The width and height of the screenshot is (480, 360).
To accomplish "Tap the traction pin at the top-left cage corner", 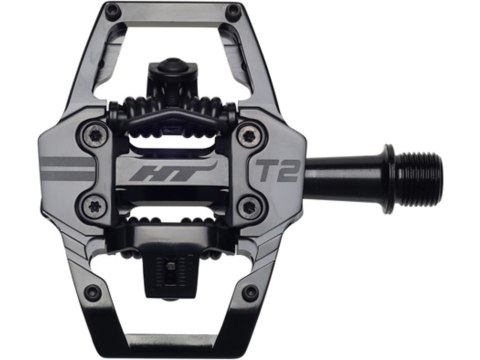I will coord(113,13).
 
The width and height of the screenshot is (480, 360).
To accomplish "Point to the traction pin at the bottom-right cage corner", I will coord(249,293).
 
